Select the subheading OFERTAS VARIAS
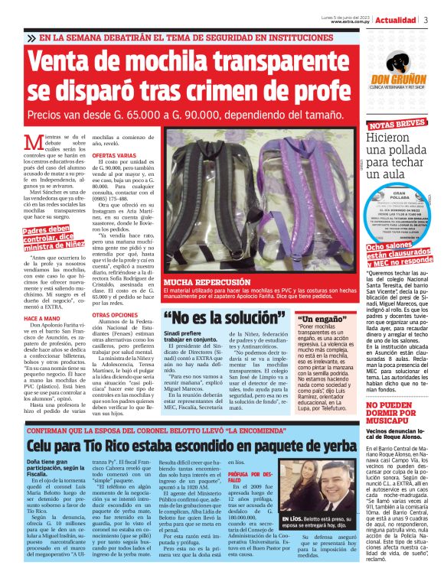click(x=114, y=155)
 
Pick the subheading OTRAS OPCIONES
click(x=114, y=315)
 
